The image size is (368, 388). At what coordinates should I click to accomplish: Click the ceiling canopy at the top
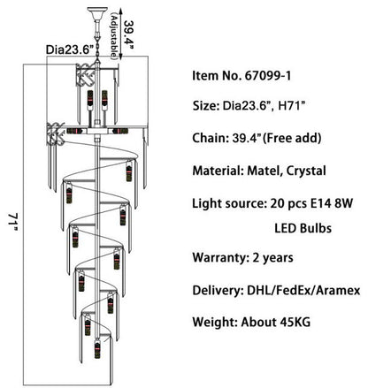[97, 14]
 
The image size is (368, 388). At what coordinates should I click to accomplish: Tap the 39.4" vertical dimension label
[129, 32]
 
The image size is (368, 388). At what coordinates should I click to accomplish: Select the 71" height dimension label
[12, 223]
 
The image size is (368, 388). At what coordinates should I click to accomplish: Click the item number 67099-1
[268, 76]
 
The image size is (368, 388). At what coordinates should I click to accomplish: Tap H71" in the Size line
[291, 105]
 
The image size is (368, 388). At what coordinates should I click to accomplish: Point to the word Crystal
[306, 171]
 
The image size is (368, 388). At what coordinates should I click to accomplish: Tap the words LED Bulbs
[303, 228]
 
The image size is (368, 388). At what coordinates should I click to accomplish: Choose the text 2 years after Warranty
[272, 258]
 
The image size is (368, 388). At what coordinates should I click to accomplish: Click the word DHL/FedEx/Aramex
[303, 290]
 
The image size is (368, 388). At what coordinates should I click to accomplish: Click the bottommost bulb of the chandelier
[97, 349]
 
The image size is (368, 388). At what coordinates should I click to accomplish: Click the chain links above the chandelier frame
[97, 47]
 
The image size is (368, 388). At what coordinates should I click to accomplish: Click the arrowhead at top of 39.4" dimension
[121, 11]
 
